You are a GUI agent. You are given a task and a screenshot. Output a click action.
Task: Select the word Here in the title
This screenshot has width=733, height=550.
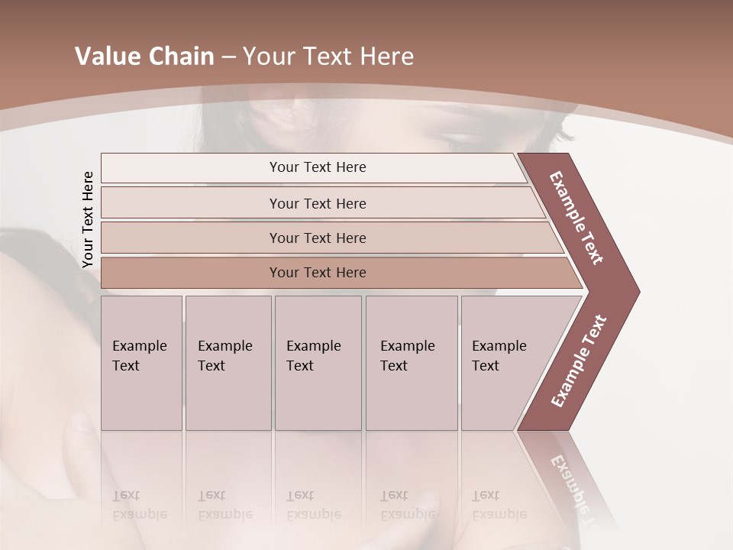pyautogui.click(x=386, y=57)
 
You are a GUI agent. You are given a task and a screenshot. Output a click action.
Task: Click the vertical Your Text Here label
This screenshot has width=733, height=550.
pyautogui.click(x=88, y=220)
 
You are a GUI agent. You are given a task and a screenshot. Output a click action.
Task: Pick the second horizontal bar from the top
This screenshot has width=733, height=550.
pyautogui.click(x=318, y=203)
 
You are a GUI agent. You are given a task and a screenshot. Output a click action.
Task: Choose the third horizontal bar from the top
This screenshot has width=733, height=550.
pyautogui.click(x=318, y=238)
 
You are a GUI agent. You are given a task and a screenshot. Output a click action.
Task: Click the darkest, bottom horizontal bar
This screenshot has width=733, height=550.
pyautogui.click(x=318, y=273)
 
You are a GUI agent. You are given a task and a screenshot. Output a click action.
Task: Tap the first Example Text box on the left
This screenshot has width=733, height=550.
pyautogui.click(x=141, y=363)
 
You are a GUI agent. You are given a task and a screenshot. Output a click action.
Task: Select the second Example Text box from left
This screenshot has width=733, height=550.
pyautogui.click(x=228, y=363)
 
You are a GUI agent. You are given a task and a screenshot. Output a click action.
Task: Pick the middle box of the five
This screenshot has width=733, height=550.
pyautogui.click(x=318, y=363)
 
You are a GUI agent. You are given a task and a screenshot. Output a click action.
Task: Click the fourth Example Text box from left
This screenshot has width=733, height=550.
pyautogui.click(x=412, y=363)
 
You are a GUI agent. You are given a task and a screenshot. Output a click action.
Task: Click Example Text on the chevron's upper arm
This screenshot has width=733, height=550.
pyautogui.click(x=576, y=218)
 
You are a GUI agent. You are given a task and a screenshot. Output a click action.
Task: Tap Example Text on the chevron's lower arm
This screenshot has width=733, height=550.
pyautogui.click(x=579, y=361)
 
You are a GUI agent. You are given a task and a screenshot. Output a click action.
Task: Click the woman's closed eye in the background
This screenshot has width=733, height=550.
pyautogui.click(x=470, y=139)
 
